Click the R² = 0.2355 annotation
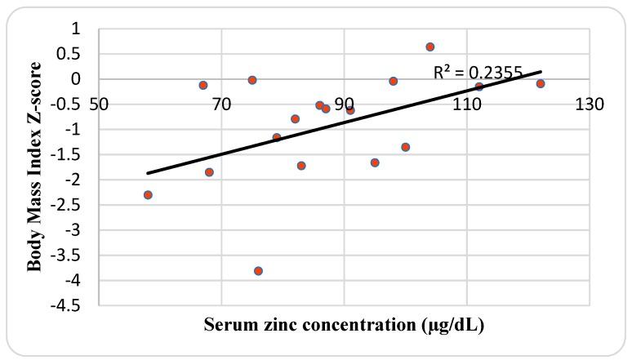478,73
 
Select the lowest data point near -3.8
258,270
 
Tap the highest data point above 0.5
430,47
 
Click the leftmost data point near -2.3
148,194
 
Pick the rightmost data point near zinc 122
541,83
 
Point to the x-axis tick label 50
99,104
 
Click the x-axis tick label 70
221,104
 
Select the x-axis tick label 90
344,104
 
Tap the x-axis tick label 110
466,104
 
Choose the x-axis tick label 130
590,104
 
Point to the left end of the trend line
148,173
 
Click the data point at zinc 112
479,87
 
